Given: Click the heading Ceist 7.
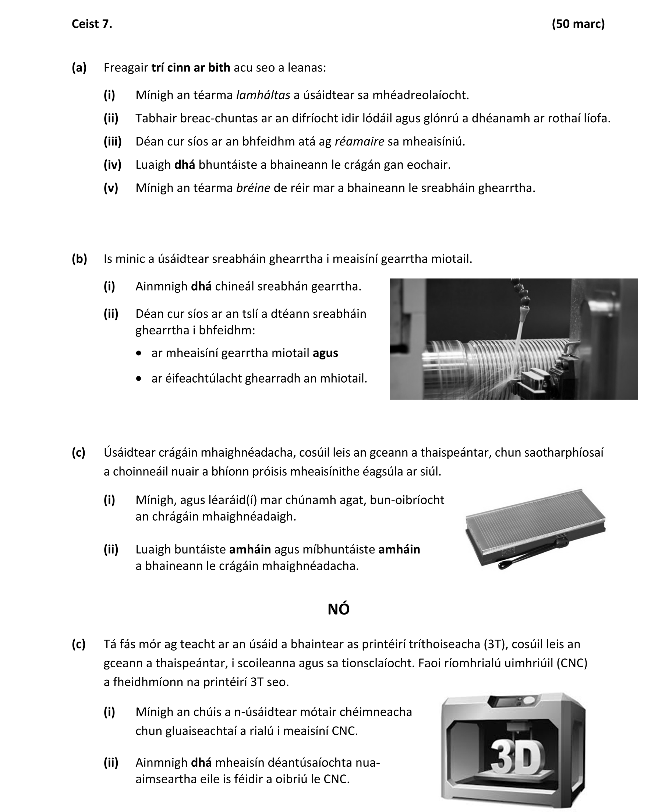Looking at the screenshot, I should click(92, 24).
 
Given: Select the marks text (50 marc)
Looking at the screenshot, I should click(578, 24).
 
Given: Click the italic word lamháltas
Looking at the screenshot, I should click(263, 95).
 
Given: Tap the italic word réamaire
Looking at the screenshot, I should click(359, 141).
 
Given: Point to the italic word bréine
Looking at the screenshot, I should click(253, 188).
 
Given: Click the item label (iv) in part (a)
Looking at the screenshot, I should click(112, 165).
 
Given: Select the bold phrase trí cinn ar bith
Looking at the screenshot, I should click(190, 67).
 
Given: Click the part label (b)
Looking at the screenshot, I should click(79, 259).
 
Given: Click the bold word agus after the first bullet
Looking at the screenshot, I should click(325, 353).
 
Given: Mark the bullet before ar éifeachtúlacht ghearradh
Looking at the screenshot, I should click(139, 379).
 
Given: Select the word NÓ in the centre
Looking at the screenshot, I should click(338, 609).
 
